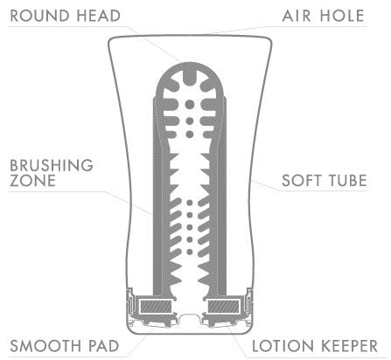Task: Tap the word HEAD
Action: pyautogui.click(x=95, y=16)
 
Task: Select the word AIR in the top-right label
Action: pyautogui.click(x=297, y=16)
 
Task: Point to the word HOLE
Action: pyautogui.click(x=342, y=16)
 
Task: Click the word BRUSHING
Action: pyautogui.click(x=52, y=165)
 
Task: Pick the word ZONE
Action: pyautogui.click(x=32, y=181)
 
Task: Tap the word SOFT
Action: pyautogui.click(x=300, y=181)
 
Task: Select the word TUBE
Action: pyautogui.click(x=346, y=181)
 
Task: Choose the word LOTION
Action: pyautogui.click(x=279, y=346)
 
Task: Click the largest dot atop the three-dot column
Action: pyautogui.click(x=190, y=104)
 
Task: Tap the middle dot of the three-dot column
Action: pyautogui.click(x=190, y=121)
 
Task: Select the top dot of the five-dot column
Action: pyautogui.click(x=190, y=203)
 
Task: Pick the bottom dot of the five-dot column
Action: pyautogui.click(x=190, y=252)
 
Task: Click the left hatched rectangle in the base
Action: pyautogui.click(x=156, y=306)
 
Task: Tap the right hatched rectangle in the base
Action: pyautogui.click(x=224, y=306)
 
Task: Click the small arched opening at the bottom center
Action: pyautogui.click(x=190, y=318)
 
